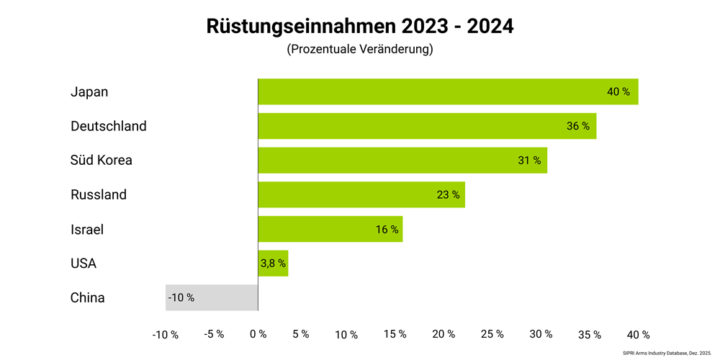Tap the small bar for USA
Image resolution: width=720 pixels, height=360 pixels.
point(273,264)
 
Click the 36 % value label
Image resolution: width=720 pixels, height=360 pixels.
point(577,126)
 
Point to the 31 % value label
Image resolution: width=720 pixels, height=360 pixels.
point(529,161)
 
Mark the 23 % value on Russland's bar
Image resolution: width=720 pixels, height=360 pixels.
point(448,195)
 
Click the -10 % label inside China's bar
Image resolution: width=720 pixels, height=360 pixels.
point(181,297)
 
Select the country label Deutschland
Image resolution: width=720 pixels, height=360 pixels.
point(109,126)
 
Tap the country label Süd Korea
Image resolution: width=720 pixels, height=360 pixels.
point(102,160)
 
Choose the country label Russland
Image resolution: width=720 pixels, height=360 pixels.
point(99,194)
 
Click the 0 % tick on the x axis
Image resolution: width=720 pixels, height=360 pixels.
point(258,335)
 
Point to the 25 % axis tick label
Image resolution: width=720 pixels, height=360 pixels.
point(492,335)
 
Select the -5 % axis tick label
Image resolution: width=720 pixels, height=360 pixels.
point(214,335)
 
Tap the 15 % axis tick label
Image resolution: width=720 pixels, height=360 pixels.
point(395,335)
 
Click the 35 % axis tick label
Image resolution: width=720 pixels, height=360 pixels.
point(589,335)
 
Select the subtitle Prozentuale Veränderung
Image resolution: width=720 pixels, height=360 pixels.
point(359,50)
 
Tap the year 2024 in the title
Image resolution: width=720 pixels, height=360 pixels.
point(490,26)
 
